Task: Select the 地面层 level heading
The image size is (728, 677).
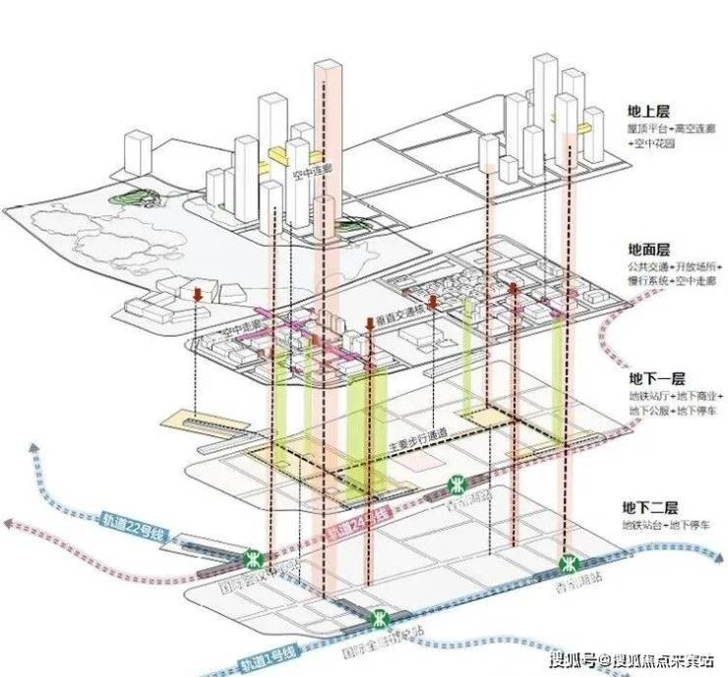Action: (x=648, y=251)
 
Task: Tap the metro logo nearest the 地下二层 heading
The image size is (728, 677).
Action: (x=568, y=564)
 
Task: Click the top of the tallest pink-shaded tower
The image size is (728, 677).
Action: (x=327, y=65)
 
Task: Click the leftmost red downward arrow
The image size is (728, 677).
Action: (x=198, y=295)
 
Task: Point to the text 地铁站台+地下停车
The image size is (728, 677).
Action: (x=662, y=527)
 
